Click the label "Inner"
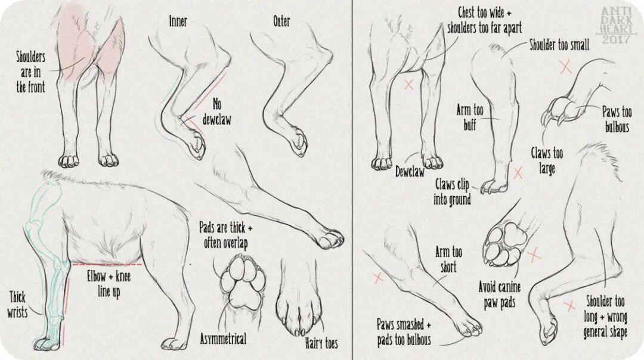click(178, 21)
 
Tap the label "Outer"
click(281, 21)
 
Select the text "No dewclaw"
click(217, 111)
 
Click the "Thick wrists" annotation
click(17, 305)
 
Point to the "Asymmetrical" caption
click(223, 339)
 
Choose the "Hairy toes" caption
click(321, 343)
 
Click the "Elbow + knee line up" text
click(109, 284)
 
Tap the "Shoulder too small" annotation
click(559, 44)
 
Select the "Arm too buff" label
click(470, 117)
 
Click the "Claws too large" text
click(547, 160)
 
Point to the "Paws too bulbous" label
click(617, 119)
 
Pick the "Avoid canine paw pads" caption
click(500, 294)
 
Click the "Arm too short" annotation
click(448, 259)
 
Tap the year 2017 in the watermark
click(616, 39)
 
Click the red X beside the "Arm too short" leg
click(378, 278)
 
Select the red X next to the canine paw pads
click(534, 255)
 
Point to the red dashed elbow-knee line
click(107, 265)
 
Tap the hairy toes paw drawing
click(299, 300)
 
